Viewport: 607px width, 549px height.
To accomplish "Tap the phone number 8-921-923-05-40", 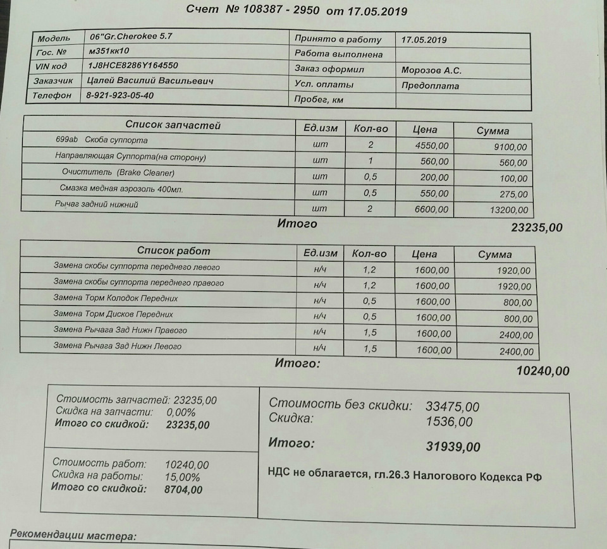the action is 120,96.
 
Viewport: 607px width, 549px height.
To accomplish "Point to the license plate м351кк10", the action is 109,51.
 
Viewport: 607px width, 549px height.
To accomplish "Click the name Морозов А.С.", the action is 431,70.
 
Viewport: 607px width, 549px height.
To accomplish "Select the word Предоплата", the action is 430,86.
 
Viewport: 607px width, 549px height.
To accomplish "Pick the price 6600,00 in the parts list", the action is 434,208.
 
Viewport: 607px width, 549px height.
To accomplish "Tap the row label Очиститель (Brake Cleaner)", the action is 118,172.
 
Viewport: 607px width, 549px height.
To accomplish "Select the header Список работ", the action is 174,251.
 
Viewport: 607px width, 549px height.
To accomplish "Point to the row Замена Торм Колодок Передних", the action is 116,298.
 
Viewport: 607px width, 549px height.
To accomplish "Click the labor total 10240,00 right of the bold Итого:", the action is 543,371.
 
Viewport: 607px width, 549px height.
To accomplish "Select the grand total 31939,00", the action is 453,447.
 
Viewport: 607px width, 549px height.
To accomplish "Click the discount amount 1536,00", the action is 449,421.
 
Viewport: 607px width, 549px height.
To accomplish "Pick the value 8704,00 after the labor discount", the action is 183,489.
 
